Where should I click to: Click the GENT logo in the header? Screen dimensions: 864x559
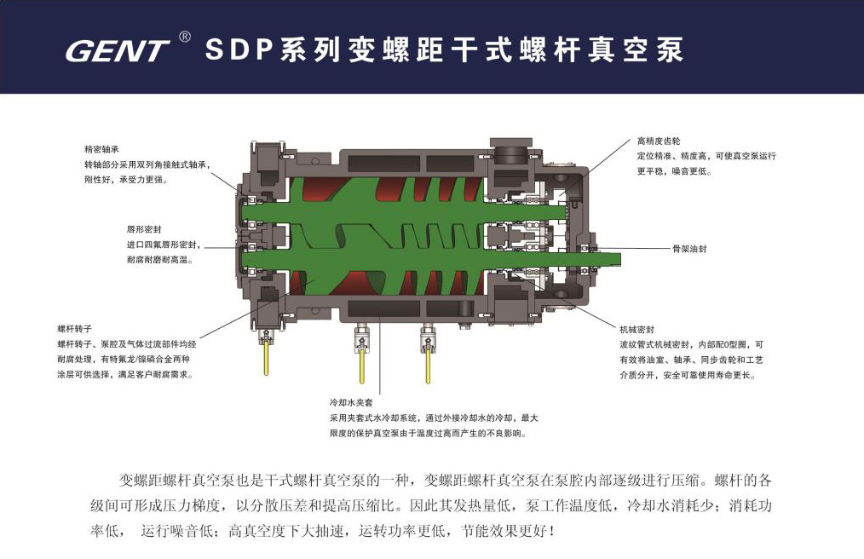point(117,50)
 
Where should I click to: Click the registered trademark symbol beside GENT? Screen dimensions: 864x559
point(185,37)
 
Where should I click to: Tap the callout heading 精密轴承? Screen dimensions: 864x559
point(101,149)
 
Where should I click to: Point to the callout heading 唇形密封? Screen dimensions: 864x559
point(144,229)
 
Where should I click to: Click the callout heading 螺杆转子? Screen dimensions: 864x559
point(75,329)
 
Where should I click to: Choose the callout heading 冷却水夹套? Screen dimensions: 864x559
point(352,402)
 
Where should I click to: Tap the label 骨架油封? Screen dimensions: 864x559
point(689,249)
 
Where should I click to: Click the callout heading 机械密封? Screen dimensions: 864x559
point(637,329)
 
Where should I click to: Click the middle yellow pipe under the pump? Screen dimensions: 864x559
point(362,365)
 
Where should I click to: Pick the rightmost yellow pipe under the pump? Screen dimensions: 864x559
point(428,365)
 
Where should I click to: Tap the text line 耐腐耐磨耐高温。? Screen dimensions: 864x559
point(160,260)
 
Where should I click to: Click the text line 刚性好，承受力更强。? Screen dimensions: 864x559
point(125,179)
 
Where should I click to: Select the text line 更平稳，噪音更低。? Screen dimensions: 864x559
point(675,171)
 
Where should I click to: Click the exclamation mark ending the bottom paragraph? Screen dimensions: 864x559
point(552,531)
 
